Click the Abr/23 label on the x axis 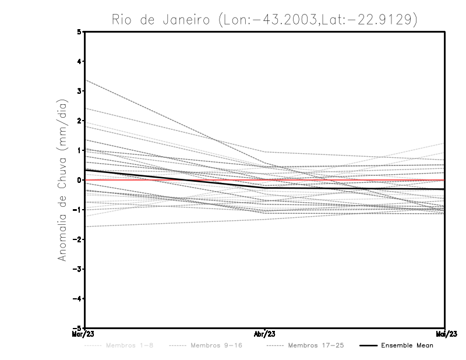[265, 334]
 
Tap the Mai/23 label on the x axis [445, 334]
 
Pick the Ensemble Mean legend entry [407, 346]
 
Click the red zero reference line [349, 180]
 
